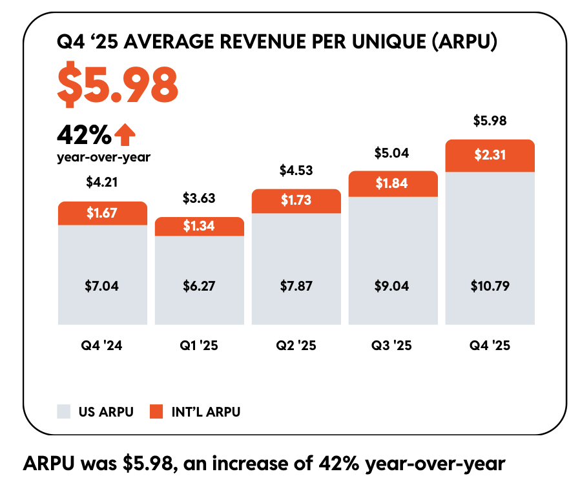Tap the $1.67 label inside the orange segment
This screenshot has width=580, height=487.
tap(102, 213)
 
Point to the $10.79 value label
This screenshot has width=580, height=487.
tap(490, 285)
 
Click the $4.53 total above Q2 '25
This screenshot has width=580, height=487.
tap(296, 171)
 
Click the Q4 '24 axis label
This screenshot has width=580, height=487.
tap(102, 346)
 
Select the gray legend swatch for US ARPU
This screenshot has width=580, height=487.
tap(63, 411)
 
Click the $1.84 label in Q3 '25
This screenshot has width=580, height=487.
tap(393, 183)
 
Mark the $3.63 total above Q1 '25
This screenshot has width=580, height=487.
tap(199, 198)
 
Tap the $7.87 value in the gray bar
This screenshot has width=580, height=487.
tap(296, 285)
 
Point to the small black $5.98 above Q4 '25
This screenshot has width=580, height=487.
tap(490, 120)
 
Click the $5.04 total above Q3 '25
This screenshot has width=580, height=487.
tap(393, 153)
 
